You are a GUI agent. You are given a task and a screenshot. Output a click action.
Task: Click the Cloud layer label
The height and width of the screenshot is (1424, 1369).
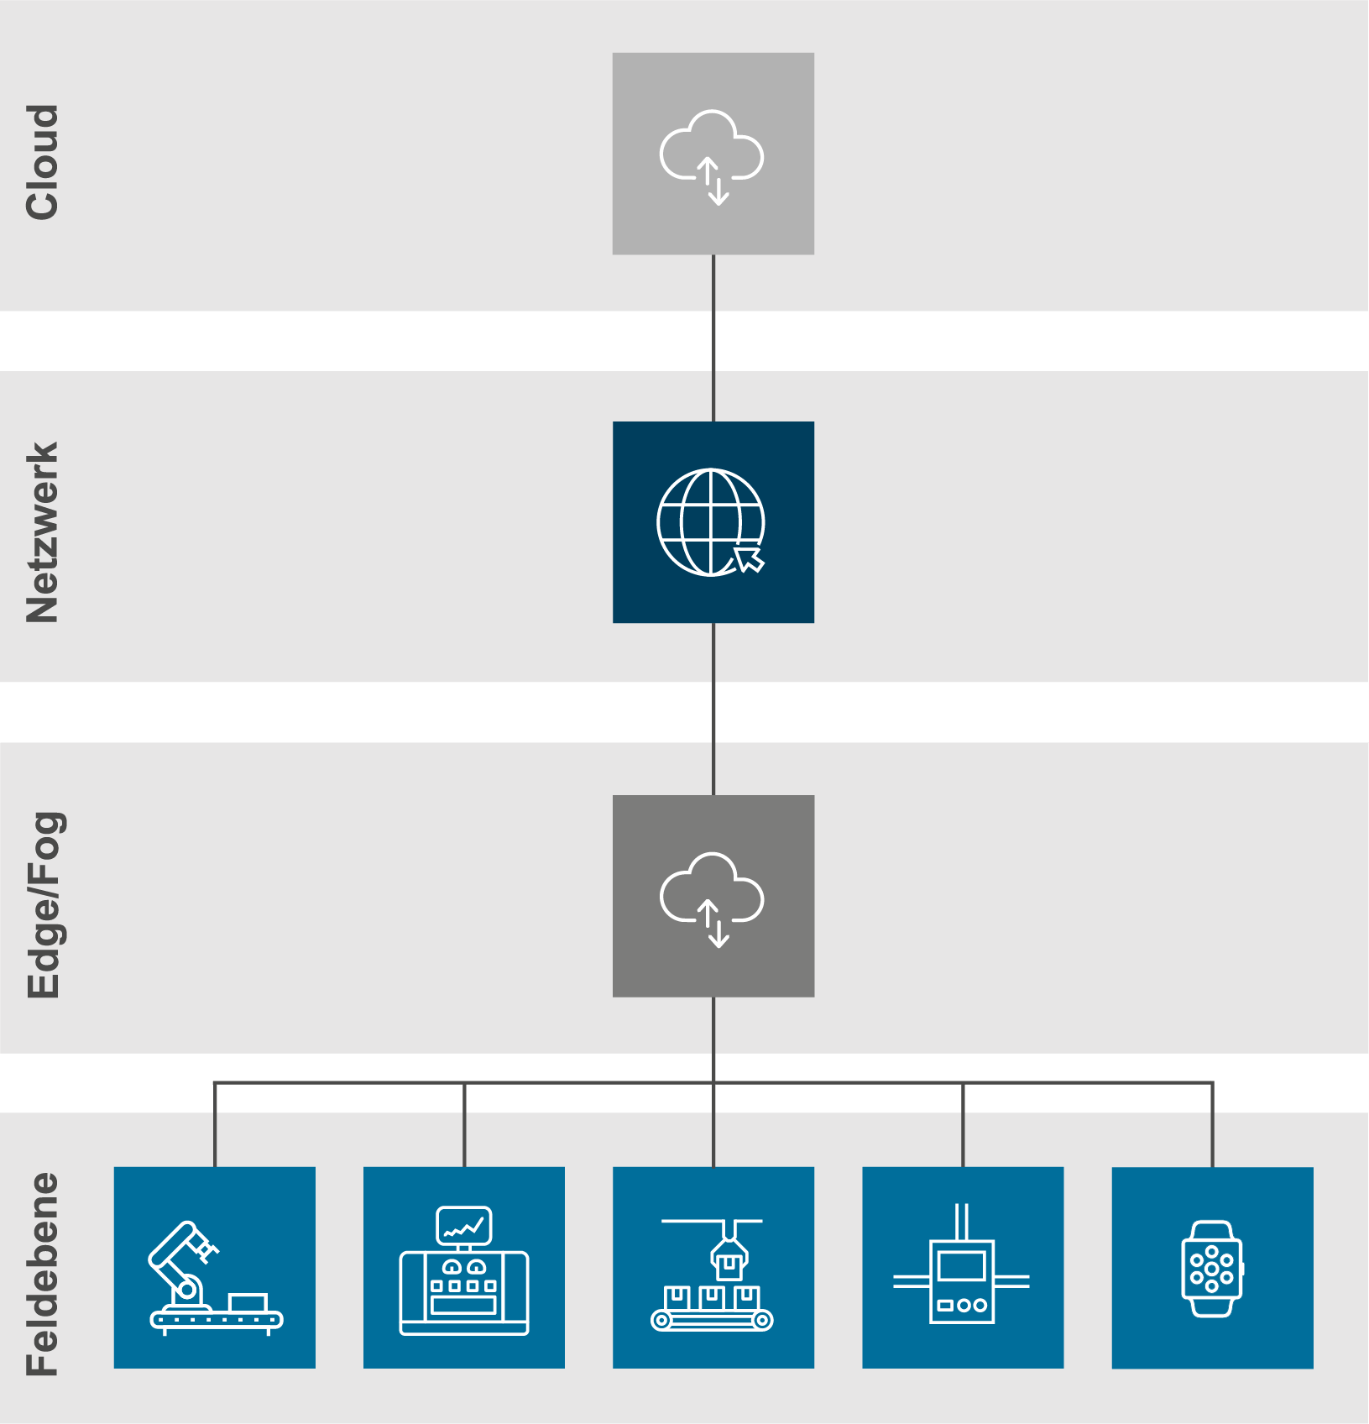42,162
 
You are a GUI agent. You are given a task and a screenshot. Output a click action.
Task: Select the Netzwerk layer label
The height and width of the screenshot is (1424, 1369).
42,532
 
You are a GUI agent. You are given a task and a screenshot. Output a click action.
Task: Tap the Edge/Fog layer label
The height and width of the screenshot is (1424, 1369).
44,904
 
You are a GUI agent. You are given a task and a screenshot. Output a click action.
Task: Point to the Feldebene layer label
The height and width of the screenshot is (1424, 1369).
42,1274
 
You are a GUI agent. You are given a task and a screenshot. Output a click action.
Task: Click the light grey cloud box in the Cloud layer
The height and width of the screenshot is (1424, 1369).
713,154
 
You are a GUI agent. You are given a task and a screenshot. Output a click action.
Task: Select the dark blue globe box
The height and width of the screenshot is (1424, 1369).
713,522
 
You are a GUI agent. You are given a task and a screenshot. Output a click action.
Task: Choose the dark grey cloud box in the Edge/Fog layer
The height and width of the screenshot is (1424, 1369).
713,896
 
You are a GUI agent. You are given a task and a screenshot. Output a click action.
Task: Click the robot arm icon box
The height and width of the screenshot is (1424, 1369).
215,1267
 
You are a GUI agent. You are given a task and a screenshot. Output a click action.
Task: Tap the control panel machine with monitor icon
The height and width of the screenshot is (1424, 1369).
463,1267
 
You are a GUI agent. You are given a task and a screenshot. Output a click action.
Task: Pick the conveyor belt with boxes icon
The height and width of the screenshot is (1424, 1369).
713,1267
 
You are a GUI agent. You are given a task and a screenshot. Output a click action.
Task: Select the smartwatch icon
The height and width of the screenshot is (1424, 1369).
1212,1268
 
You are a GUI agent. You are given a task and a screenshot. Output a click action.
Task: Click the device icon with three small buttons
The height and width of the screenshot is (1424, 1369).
962,1267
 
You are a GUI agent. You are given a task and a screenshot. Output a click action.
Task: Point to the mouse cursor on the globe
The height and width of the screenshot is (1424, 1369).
750,558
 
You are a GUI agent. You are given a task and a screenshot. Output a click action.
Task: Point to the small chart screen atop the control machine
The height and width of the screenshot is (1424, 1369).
463,1227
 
